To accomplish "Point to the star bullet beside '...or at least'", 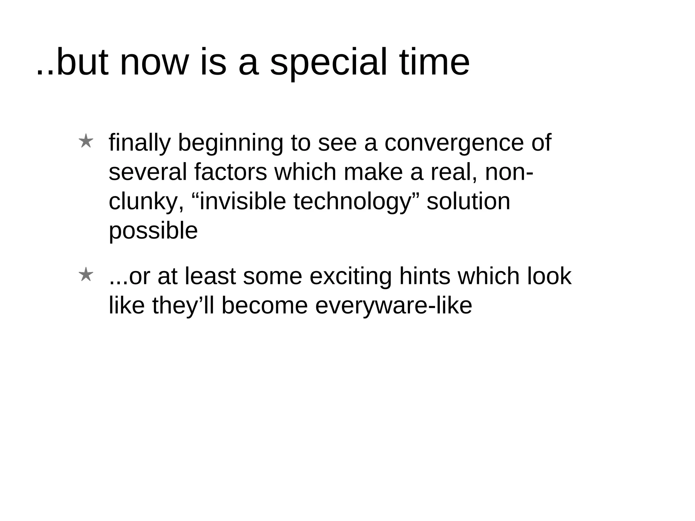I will [x=86, y=275].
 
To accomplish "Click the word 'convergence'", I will [x=454, y=142].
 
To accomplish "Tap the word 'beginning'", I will [x=230, y=143].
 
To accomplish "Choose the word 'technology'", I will [x=352, y=201].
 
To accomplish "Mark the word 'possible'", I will [x=153, y=231].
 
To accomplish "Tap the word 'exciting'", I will [x=351, y=276].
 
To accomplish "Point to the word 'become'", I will [x=264, y=305].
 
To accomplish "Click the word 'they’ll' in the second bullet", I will [x=183, y=306].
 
